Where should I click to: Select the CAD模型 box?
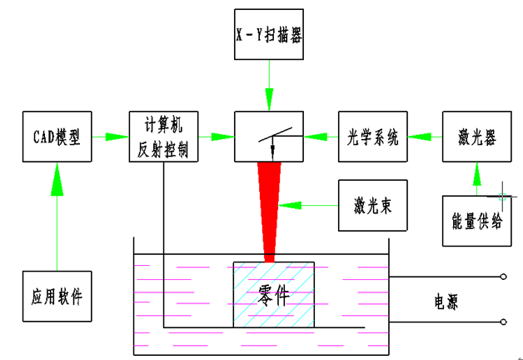click(56, 136)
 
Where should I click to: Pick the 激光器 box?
click(477, 136)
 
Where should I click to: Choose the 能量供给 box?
click(477, 219)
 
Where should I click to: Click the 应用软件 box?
click(56, 297)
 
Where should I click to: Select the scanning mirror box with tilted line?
click(268, 136)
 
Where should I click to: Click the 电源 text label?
click(446, 300)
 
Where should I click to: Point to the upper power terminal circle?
click(503, 276)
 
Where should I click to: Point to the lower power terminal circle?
click(503, 322)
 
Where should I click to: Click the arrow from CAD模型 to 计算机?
click(109, 136)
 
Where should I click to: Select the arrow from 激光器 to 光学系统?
click(424, 136)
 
